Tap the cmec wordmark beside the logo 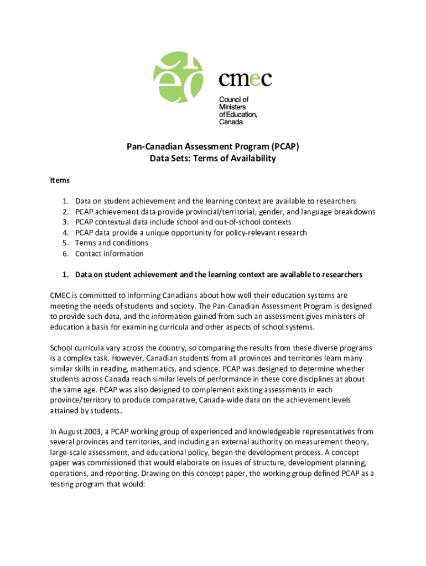(245, 80)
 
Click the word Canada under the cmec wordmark (231, 122)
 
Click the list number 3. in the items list (65, 222)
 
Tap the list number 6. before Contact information (65, 254)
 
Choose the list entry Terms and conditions (112, 243)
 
